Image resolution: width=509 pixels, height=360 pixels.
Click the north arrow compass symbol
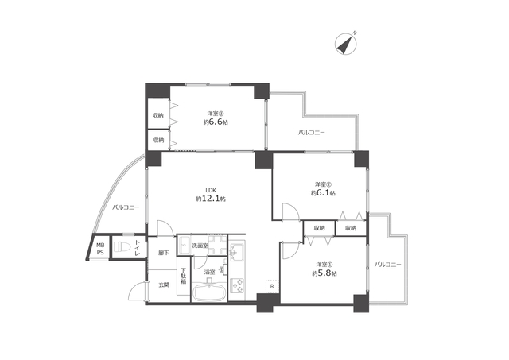pyautogui.click(x=345, y=45)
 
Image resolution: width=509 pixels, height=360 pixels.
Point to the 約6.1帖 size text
pyautogui.click(x=323, y=193)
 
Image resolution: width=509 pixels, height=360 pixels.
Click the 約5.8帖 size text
pyautogui.click(x=324, y=273)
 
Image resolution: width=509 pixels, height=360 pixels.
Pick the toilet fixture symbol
pyautogui.click(x=122, y=247)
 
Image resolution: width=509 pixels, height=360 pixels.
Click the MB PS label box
pyautogui.click(x=99, y=248)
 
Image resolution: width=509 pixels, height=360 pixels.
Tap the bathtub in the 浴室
pyautogui.click(x=208, y=292)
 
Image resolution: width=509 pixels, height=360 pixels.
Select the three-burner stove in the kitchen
pyautogui.click(x=237, y=285)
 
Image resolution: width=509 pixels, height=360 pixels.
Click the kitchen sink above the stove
pyautogui.click(x=237, y=251)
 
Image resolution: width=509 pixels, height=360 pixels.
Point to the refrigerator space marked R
pyautogui.click(x=272, y=286)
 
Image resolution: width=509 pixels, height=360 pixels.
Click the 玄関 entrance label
pyautogui.click(x=164, y=285)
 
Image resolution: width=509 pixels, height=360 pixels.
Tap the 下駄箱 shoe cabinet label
pyautogui.click(x=184, y=275)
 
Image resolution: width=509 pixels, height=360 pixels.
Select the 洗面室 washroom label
pyautogui.click(x=200, y=246)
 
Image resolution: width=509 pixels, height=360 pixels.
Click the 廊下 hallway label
pyautogui.click(x=164, y=253)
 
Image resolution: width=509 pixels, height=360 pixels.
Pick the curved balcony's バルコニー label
pyautogui.click(x=126, y=207)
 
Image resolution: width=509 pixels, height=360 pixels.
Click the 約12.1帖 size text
pyautogui.click(x=211, y=199)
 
